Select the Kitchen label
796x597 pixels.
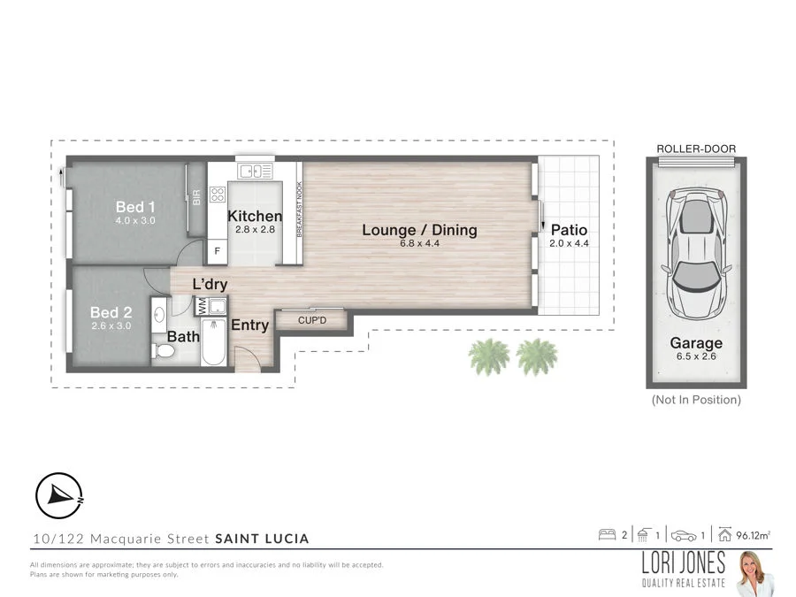click(x=255, y=217)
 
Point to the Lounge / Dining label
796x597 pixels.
click(x=419, y=231)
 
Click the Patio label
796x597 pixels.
click(x=569, y=231)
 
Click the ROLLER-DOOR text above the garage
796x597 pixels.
click(x=696, y=149)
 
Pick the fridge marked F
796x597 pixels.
click(x=218, y=251)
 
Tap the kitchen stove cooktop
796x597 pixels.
click(x=218, y=193)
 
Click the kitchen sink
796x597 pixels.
click(x=255, y=171)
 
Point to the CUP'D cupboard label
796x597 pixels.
click(x=312, y=319)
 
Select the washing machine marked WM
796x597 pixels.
click(x=202, y=306)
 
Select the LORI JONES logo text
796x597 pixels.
click(x=684, y=563)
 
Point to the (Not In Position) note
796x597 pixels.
click(x=696, y=400)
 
